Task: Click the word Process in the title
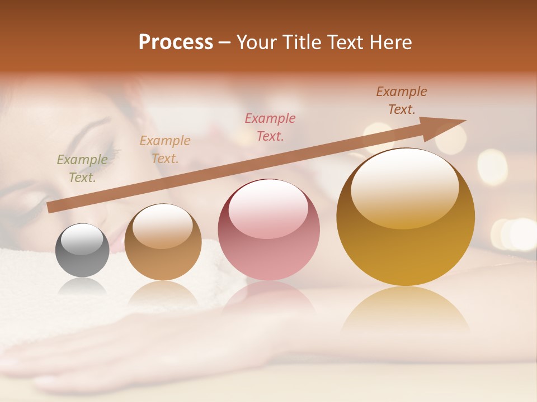pos(176,42)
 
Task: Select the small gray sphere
pos(82,250)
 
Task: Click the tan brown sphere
pos(163,242)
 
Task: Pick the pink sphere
pos(268,229)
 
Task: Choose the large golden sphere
pos(405,217)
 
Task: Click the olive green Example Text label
pos(82,169)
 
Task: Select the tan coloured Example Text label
pos(165,149)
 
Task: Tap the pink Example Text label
pos(270,127)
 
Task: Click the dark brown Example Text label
pos(402,100)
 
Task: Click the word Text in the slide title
pos(342,42)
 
